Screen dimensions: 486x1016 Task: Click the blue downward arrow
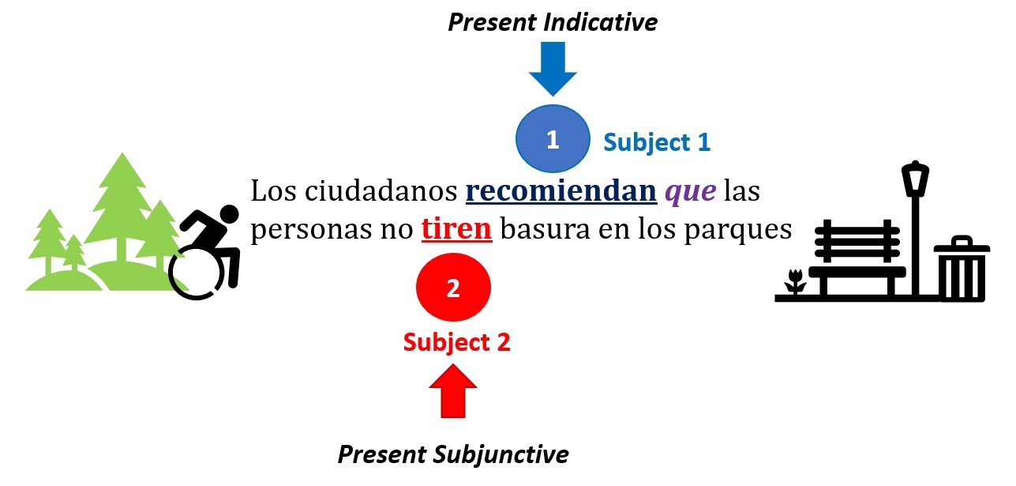[553, 70]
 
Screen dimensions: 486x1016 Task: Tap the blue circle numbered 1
[553, 139]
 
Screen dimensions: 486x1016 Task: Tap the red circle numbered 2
[453, 288]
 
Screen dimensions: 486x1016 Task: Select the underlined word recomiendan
[560, 192]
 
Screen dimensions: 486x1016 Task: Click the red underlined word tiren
[457, 228]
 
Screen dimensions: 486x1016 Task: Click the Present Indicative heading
[553, 22]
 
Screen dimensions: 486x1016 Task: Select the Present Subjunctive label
[453, 454]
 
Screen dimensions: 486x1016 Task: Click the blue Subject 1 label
[657, 142]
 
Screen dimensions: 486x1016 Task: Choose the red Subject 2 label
[456, 342]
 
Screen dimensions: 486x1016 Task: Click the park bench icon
[857, 257]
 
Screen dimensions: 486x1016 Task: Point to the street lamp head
[916, 178]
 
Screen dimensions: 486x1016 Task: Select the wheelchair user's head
[227, 214]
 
